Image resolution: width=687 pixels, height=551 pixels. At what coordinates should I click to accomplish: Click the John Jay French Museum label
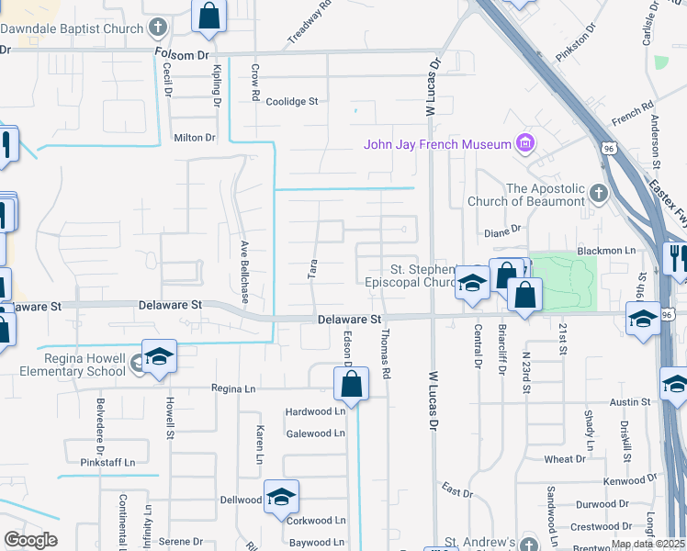436,144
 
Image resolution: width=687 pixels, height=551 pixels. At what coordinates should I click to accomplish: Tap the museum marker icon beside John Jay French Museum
525,143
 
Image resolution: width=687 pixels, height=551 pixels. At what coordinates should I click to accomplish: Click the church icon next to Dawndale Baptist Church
158,27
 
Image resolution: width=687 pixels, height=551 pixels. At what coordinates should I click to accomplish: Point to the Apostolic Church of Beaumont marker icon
599,194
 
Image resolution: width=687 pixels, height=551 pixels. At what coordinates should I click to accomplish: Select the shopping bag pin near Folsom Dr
209,16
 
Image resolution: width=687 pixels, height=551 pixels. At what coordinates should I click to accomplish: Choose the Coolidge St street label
291,102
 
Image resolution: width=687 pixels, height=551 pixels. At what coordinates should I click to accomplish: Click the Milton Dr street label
194,138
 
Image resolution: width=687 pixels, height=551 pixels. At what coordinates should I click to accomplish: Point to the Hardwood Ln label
314,410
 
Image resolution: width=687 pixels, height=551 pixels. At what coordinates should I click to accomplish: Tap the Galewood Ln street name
315,433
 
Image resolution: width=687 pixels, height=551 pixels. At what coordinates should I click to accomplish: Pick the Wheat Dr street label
564,459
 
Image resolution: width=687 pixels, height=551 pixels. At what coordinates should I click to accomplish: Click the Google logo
30,540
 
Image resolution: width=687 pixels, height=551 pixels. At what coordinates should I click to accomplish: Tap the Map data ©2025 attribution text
648,544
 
